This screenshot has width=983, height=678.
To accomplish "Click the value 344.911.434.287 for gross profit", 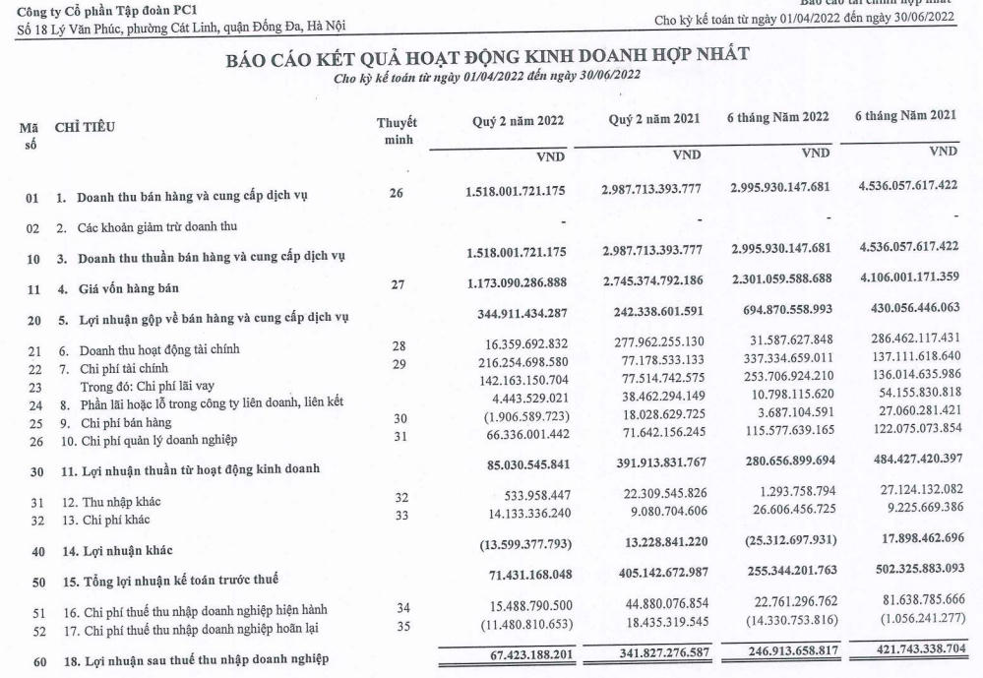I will coord(517,318).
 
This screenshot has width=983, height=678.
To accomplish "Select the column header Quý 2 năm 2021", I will coord(654,119).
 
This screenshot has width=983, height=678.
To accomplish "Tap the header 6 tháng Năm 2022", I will coord(779,118).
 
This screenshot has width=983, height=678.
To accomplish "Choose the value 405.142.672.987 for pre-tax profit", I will coord(648,570).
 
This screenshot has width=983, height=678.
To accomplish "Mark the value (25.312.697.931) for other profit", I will coord(778,539).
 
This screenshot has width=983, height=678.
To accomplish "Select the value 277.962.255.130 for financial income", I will coord(648,347).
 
